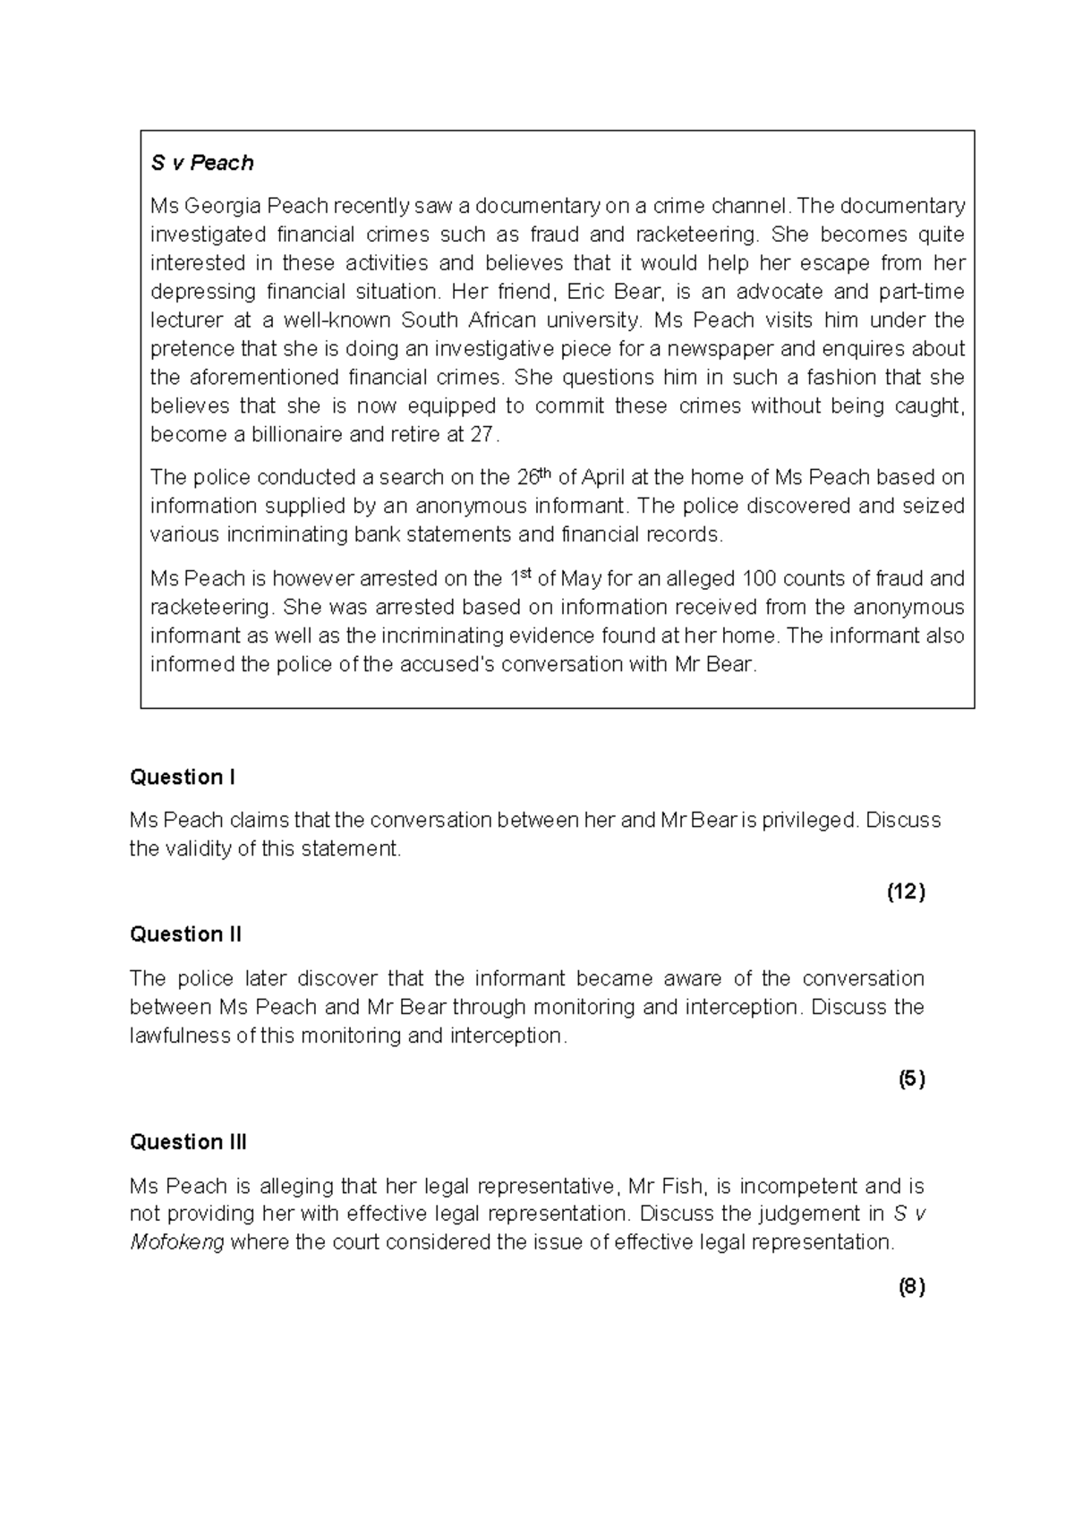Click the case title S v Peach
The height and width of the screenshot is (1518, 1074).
(x=202, y=163)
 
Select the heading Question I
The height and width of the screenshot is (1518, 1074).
(x=183, y=777)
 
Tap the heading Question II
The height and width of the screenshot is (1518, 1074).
(x=185, y=934)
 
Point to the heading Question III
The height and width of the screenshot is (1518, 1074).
(x=188, y=1142)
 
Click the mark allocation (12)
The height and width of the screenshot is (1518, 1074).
(x=906, y=891)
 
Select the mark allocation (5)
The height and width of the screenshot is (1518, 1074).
(x=911, y=1079)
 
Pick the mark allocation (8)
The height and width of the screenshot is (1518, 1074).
(x=911, y=1287)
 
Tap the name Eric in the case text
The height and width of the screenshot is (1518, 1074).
(x=587, y=292)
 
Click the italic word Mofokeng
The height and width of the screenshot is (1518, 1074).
(x=177, y=1242)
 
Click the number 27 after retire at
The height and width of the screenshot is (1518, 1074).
(x=482, y=435)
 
